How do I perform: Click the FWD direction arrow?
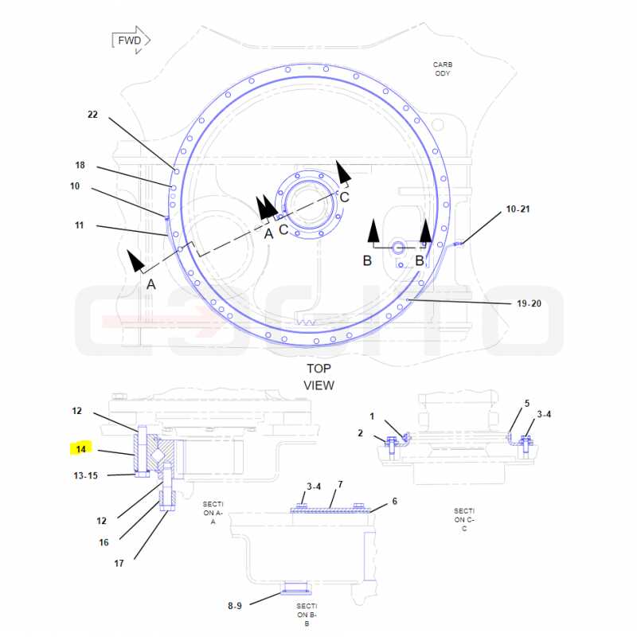131,41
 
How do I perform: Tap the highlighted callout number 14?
81,449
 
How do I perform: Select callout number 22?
92,115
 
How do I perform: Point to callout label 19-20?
529,303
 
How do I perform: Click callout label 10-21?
518,209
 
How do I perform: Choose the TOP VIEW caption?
319,377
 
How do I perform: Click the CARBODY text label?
443,69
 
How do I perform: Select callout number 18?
80,166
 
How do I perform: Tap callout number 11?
79,225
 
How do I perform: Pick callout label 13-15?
86,475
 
